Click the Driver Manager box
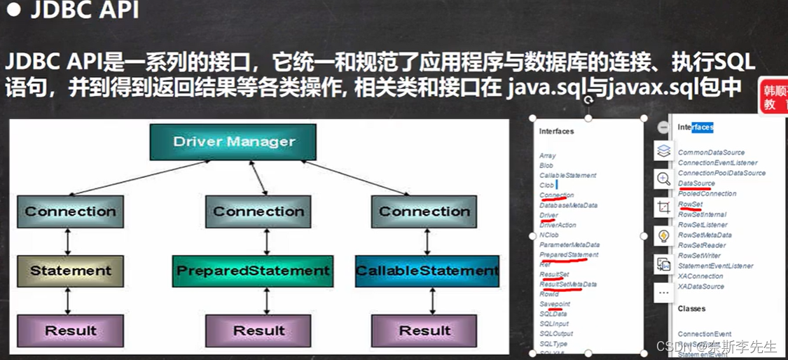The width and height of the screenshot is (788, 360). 233,141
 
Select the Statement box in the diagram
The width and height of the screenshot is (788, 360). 71,271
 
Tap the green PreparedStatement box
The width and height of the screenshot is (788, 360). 253,271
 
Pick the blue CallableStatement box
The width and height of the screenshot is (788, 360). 427,271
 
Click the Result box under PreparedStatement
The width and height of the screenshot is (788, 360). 258,331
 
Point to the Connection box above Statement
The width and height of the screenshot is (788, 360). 71,212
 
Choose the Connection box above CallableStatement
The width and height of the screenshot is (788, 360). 424,212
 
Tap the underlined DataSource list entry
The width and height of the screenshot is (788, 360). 696,184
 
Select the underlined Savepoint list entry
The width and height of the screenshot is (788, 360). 555,304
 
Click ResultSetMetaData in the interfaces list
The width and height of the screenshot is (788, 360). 568,284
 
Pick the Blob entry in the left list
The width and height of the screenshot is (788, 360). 546,165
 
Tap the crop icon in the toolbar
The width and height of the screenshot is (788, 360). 663,207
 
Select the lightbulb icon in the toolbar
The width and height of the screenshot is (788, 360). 663,236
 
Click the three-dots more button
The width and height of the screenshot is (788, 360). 663,292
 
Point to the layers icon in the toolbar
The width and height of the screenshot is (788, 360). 663,151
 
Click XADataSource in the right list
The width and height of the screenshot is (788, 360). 700,286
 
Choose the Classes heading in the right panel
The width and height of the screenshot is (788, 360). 691,308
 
